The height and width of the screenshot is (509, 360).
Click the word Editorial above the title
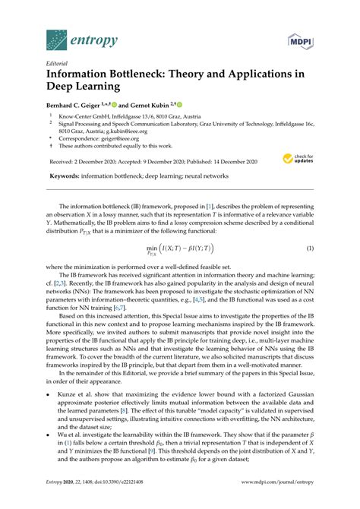58,64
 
